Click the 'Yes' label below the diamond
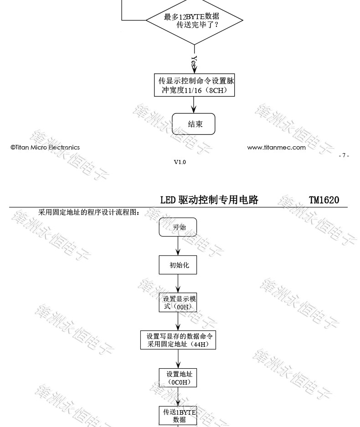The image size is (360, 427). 194,62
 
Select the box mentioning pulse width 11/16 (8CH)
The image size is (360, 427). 195,85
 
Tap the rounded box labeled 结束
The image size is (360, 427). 193,124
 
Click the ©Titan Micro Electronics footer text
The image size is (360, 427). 45,147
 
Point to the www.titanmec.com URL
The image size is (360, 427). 276,147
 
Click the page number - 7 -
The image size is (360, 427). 344,156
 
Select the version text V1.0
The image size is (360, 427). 180,162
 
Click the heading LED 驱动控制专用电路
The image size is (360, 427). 209,200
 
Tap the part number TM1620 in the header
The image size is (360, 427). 324,200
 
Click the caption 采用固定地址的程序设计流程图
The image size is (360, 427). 89,212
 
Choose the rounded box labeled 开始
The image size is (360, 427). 178,227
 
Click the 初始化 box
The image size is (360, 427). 178,265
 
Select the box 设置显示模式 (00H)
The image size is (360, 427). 178,303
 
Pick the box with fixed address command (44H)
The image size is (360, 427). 178,340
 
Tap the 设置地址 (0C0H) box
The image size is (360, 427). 178,377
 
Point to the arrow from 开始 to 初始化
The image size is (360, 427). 178,246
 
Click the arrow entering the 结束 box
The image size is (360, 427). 194,105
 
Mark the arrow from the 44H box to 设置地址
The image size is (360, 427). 178,359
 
